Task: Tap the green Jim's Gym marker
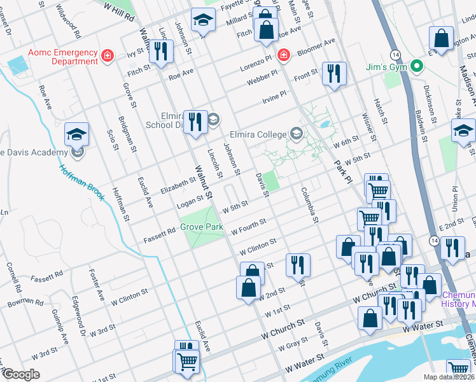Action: [x=416, y=66]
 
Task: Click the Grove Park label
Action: [x=200, y=227]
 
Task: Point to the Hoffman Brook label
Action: [x=82, y=183]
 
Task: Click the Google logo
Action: [x=21, y=374]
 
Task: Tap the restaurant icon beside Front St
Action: [x=333, y=73]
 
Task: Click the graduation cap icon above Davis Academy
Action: [x=77, y=134]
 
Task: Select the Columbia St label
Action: [x=309, y=204]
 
